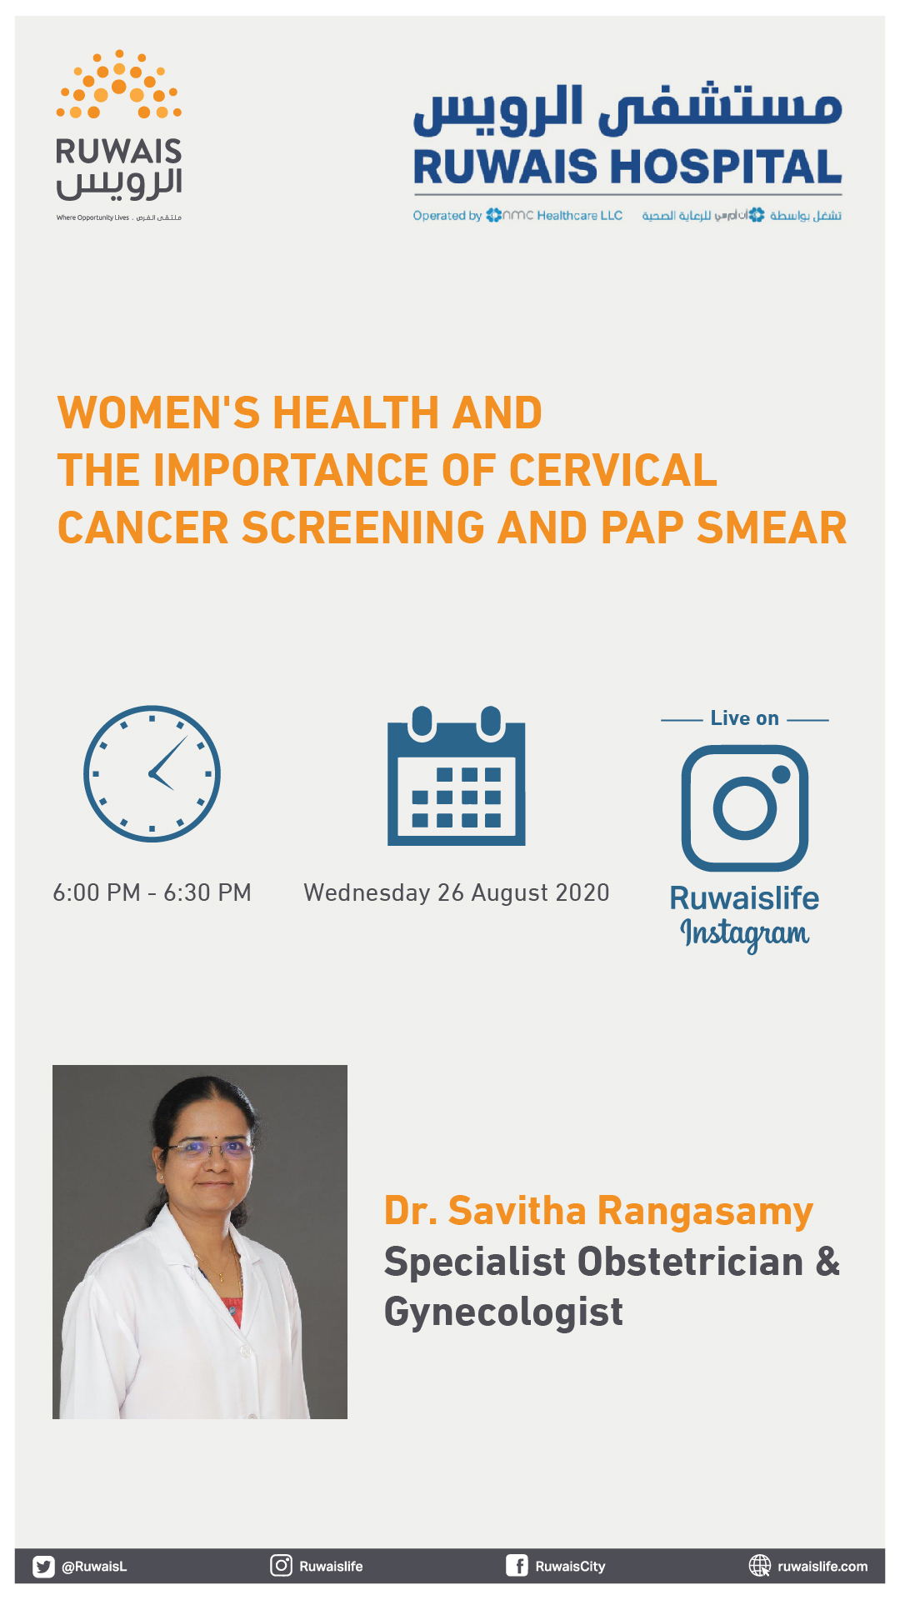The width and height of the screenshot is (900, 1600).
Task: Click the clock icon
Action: (152, 773)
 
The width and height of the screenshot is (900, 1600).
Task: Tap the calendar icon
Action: (457, 775)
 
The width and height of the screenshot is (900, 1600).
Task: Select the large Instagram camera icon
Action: (745, 807)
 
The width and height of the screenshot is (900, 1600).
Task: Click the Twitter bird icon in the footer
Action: (43, 1567)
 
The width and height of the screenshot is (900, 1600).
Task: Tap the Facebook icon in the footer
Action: (517, 1566)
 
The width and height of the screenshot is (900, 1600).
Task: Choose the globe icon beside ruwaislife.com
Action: (760, 1566)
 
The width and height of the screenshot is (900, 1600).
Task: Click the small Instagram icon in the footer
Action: (282, 1566)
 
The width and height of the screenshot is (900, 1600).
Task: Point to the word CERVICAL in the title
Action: (612, 470)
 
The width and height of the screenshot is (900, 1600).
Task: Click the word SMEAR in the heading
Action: (772, 527)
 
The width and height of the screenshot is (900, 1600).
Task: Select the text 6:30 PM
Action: (207, 892)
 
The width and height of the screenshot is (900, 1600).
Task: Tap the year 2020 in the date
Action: (582, 892)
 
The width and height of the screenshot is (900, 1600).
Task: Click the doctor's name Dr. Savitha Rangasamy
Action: (598, 1212)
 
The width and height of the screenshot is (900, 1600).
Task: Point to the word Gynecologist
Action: (503, 1312)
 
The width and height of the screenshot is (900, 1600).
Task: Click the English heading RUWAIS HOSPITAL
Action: (627, 167)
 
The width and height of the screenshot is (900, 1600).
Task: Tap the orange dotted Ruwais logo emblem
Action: (119, 84)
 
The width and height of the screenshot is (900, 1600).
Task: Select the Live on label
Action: (745, 718)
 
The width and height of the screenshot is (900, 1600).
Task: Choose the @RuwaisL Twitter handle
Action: (94, 1567)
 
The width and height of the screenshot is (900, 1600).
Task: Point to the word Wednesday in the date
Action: (367, 892)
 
